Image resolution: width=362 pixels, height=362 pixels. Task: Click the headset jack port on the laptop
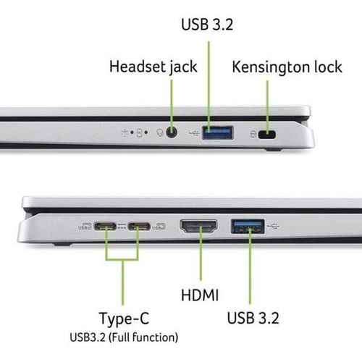point(172,132)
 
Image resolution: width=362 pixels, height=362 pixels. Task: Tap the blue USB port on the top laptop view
point(217,132)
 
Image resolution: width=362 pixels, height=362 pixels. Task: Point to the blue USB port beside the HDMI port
point(247,227)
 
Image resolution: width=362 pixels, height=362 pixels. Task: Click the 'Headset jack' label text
point(152,67)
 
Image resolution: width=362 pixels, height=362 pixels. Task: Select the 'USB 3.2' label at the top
point(209,25)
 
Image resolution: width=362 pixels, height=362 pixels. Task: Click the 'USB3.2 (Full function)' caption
point(123,337)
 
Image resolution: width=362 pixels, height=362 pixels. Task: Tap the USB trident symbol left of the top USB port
point(193,133)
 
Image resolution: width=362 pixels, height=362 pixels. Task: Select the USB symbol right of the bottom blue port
point(274,226)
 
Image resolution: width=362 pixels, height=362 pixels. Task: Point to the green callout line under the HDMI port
point(199,261)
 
